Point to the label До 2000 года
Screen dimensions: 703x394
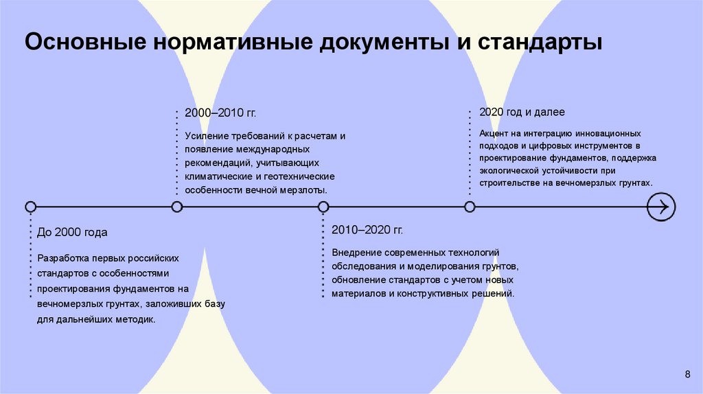pos(73,233)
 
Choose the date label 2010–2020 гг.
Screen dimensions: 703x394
pos(367,229)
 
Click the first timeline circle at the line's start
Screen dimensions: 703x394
pos(30,207)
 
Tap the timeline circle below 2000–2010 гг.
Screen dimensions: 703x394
pos(177,207)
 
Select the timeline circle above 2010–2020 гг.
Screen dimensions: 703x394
pos(323,207)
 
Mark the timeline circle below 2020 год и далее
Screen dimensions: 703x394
pos(470,207)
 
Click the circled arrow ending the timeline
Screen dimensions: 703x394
pos(661,207)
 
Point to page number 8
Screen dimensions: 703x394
pos(687,373)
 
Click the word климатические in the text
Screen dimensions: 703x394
pos(218,176)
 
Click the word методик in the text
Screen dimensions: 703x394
pos(137,319)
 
